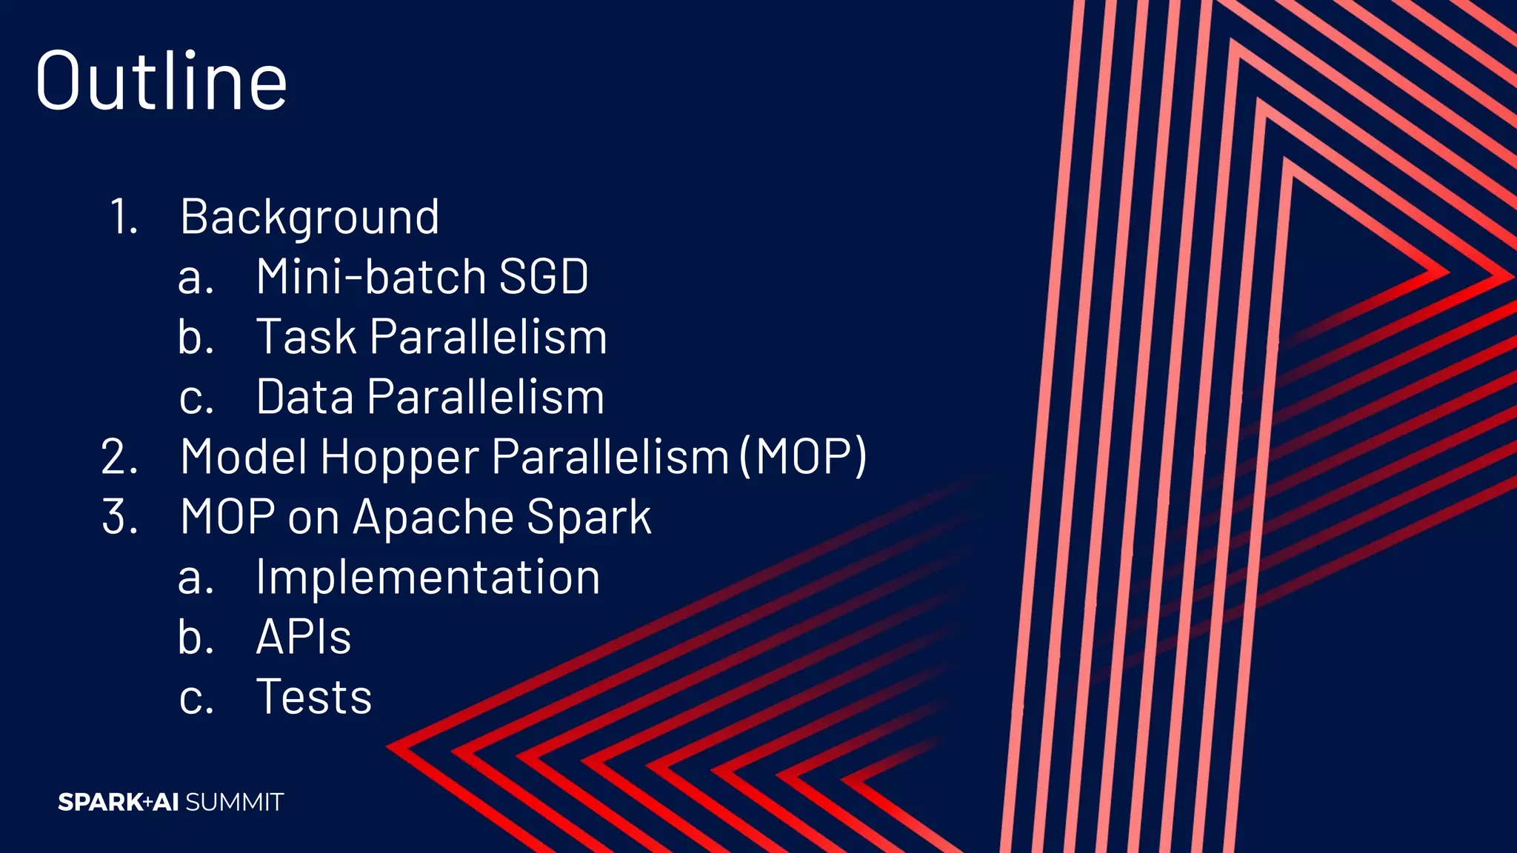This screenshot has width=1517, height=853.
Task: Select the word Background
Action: coord(310,217)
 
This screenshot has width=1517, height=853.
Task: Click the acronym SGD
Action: coord(544,277)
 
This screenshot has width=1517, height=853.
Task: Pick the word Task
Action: coord(306,337)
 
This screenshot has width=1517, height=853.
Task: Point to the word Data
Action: coord(304,397)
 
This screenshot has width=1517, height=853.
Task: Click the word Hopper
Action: coord(399,457)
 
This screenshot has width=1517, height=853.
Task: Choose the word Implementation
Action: coord(427,577)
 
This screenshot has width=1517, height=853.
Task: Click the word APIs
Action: coord(303,637)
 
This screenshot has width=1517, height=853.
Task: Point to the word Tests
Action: coord(313,697)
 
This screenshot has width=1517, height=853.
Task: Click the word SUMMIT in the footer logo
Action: coord(234,802)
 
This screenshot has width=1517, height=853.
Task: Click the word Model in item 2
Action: coord(244,457)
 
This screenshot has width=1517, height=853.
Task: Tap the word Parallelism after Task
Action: coord(487,337)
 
